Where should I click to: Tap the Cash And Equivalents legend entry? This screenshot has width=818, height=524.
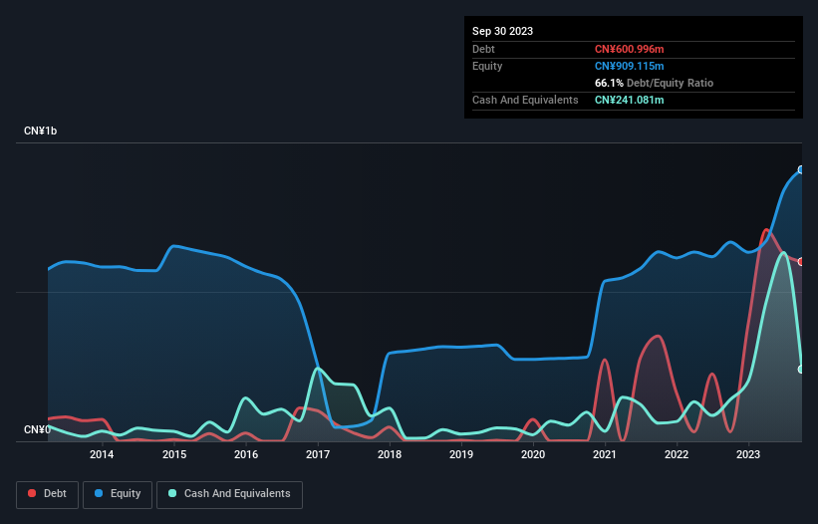pyautogui.click(x=229, y=494)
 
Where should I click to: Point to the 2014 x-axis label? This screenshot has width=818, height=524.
pyautogui.click(x=102, y=455)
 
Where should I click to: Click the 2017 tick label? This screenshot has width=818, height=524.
pyautogui.click(x=317, y=455)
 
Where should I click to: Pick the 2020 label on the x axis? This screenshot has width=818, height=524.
pyautogui.click(x=533, y=455)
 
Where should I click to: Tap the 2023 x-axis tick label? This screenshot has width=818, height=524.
pyautogui.click(x=748, y=455)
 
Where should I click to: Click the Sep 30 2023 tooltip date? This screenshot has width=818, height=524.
pyautogui.click(x=502, y=31)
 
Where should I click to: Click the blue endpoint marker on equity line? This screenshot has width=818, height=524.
pyautogui.click(x=801, y=169)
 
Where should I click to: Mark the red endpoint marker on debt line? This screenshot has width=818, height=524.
pyautogui.click(x=801, y=261)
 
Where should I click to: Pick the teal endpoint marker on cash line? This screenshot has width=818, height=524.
pyautogui.click(x=801, y=370)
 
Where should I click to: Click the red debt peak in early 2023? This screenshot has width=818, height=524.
pyautogui.click(x=766, y=230)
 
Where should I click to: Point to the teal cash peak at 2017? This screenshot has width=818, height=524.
pyautogui.click(x=317, y=369)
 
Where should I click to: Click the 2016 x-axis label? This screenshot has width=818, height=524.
pyautogui.click(x=245, y=455)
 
